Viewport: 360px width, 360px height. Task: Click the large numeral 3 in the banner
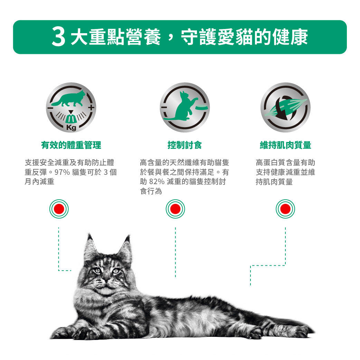(58, 37)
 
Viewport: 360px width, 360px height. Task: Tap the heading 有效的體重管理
(71, 145)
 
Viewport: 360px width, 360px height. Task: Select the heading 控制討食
(184, 145)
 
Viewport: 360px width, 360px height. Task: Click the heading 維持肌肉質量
(285, 145)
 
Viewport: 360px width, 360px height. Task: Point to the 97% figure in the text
(62, 172)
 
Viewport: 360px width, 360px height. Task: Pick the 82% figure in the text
(157, 182)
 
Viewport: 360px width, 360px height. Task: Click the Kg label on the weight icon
(71, 127)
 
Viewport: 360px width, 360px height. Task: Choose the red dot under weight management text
(59, 209)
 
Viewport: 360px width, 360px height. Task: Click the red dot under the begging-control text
(175, 209)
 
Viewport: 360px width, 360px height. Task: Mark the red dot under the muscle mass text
(285, 209)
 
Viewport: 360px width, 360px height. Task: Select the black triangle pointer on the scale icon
(71, 112)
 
